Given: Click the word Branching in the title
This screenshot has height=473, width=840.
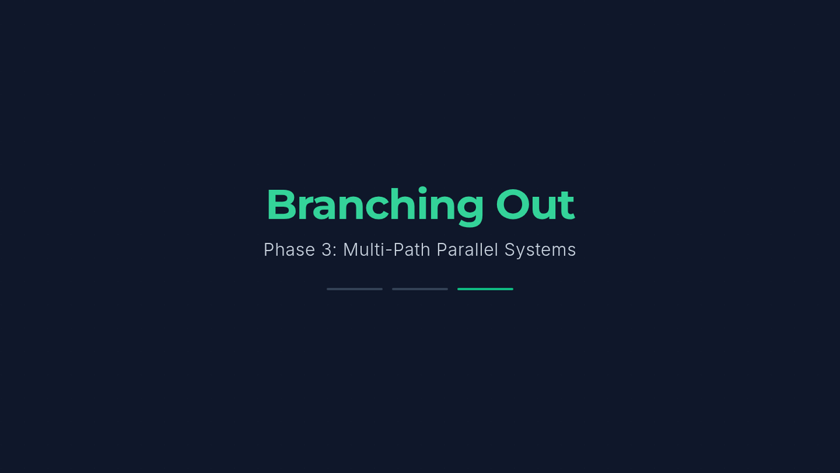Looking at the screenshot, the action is point(375,207).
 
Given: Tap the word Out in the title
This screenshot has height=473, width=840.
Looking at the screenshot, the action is point(535,205).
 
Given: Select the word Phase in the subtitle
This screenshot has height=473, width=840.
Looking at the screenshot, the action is point(289,249).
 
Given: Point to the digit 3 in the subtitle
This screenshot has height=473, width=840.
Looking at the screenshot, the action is point(327,249).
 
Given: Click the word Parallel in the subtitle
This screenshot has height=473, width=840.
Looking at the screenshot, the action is point(468,249).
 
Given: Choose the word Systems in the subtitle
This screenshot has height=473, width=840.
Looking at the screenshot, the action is point(540,250).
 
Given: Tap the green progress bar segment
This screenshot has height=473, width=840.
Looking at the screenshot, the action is point(485,289).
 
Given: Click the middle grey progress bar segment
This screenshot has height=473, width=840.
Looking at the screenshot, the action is point(420,289).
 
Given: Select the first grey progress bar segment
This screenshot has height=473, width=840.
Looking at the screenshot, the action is point(355,289).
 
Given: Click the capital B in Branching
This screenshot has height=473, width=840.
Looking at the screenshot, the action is point(282,205).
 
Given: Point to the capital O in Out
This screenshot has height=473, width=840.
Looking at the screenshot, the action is point(512,205).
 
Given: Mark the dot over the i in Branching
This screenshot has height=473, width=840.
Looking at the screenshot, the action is point(423,190).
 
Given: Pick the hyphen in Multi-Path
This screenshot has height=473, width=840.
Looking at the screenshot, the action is point(389,250).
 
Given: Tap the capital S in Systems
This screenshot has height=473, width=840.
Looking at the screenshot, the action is point(510,249).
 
